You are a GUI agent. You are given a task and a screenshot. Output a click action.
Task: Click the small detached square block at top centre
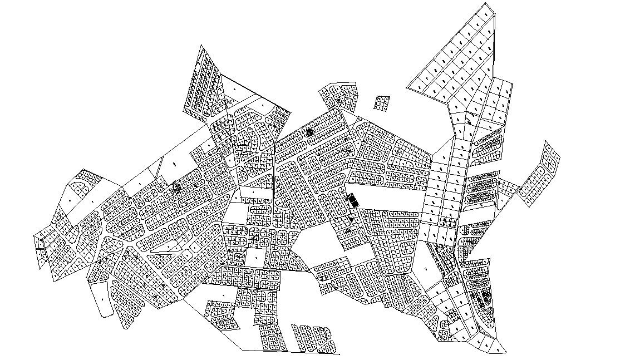(382, 103)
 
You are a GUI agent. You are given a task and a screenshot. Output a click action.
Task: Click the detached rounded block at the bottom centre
(314, 338)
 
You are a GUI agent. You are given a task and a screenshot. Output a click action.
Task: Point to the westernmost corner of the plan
(35, 236)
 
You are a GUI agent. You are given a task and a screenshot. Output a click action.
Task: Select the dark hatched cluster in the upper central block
(309, 132)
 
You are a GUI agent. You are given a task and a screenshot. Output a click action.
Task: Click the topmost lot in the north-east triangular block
(485, 14)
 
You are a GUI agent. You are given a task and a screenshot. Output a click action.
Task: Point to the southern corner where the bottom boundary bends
(242, 350)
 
